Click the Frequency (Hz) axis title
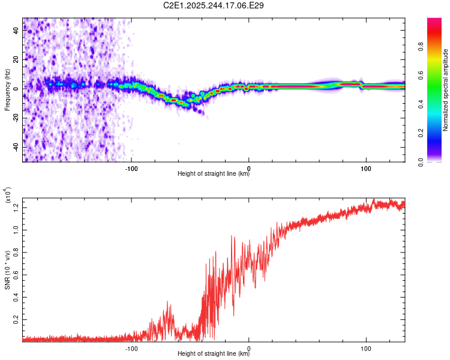[8, 89]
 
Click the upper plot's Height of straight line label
[214, 174]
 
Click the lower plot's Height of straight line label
[214, 354]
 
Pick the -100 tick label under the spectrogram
[131, 167]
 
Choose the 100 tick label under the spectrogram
[365, 167]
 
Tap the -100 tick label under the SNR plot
[131, 347]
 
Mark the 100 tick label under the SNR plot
[365, 347]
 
